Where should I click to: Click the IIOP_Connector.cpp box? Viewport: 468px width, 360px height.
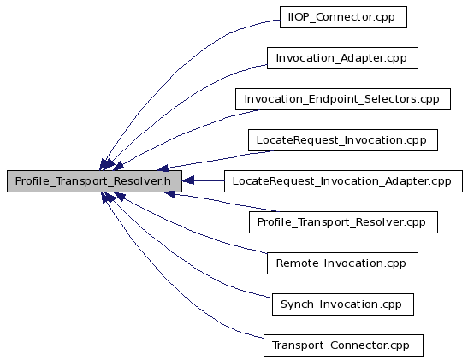pos(343,17)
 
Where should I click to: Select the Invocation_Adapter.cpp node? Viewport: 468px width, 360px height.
pos(342,58)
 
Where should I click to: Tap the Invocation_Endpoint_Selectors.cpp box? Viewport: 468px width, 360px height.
pos(342,99)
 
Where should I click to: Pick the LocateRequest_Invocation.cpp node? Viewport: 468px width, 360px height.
pos(343,140)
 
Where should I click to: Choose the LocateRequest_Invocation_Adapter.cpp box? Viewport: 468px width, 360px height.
pos(343,181)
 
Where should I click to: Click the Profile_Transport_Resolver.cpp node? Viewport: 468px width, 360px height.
pos(343,222)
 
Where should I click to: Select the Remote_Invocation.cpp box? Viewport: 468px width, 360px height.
pos(342,263)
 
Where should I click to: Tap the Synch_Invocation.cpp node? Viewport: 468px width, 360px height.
pos(342,304)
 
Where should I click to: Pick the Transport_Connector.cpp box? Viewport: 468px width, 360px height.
pos(343,345)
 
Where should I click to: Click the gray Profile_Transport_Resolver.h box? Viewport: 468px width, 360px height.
pos(94,181)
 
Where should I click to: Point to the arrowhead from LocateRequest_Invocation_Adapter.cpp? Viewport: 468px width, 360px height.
pos(188,180)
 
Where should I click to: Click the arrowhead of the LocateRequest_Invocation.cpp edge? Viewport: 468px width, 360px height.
pos(163,168)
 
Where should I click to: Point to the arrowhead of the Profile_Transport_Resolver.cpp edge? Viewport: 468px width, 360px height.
pos(169,194)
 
